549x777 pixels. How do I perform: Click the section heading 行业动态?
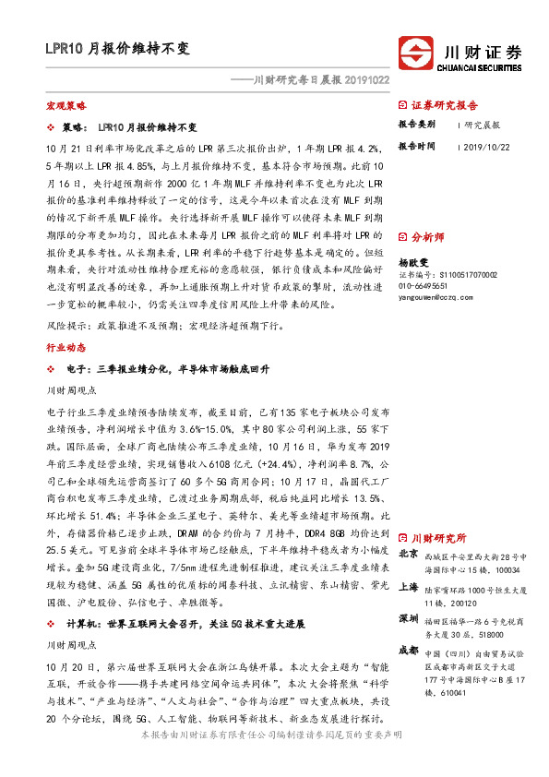tap(66, 348)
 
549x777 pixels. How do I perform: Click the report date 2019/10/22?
tap(485, 146)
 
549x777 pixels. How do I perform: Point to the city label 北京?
tap(409, 555)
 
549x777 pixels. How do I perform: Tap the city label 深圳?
tap(409, 616)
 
